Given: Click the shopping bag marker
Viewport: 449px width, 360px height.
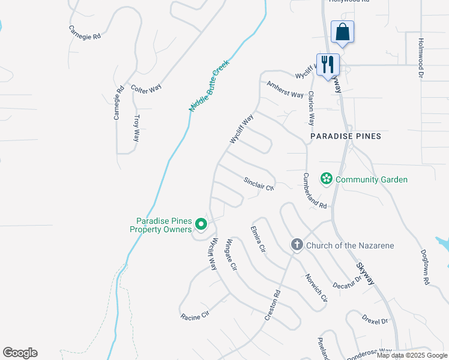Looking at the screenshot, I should (x=342, y=32).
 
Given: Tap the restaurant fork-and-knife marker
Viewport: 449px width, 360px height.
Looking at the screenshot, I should (x=328, y=64).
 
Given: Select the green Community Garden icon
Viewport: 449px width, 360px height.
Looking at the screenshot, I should (x=327, y=179).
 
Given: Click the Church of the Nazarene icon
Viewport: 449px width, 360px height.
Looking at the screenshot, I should (x=297, y=245).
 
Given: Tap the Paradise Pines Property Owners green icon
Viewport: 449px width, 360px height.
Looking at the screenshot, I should (x=201, y=225).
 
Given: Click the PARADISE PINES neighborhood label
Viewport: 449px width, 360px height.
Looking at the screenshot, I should (x=346, y=136).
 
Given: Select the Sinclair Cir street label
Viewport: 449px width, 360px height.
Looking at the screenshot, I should (x=259, y=183).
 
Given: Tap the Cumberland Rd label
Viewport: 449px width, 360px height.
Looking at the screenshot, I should (x=315, y=191).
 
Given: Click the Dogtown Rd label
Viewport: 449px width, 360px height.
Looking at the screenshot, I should (x=425, y=267).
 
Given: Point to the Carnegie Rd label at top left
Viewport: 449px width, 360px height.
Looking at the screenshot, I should (x=85, y=31).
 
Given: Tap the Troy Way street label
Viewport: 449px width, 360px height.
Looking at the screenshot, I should (x=137, y=128).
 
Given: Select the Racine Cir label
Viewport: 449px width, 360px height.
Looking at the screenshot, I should (x=194, y=315).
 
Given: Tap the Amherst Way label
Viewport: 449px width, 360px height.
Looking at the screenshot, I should (x=285, y=90).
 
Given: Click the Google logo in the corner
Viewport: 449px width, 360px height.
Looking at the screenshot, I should (x=20, y=353).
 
